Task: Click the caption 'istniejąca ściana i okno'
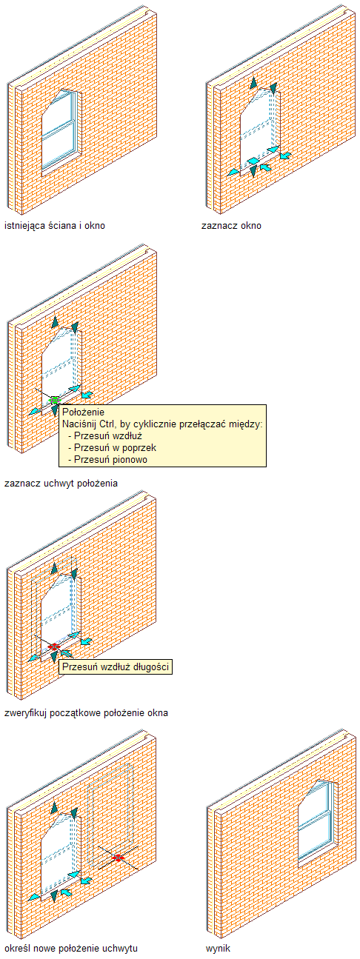(x=55, y=226)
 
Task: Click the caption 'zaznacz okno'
(x=231, y=226)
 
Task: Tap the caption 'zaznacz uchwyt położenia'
(x=61, y=484)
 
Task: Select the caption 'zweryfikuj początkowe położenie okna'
(x=87, y=713)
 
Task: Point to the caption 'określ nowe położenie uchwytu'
(x=71, y=948)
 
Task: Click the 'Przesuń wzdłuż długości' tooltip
(x=116, y=666)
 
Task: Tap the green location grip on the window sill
(x=54, y=401)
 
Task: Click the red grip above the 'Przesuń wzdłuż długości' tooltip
(x=53, y=647)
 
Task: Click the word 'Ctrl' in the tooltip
(x=105, y=424)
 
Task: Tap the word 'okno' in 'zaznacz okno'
(x=250, y=226)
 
